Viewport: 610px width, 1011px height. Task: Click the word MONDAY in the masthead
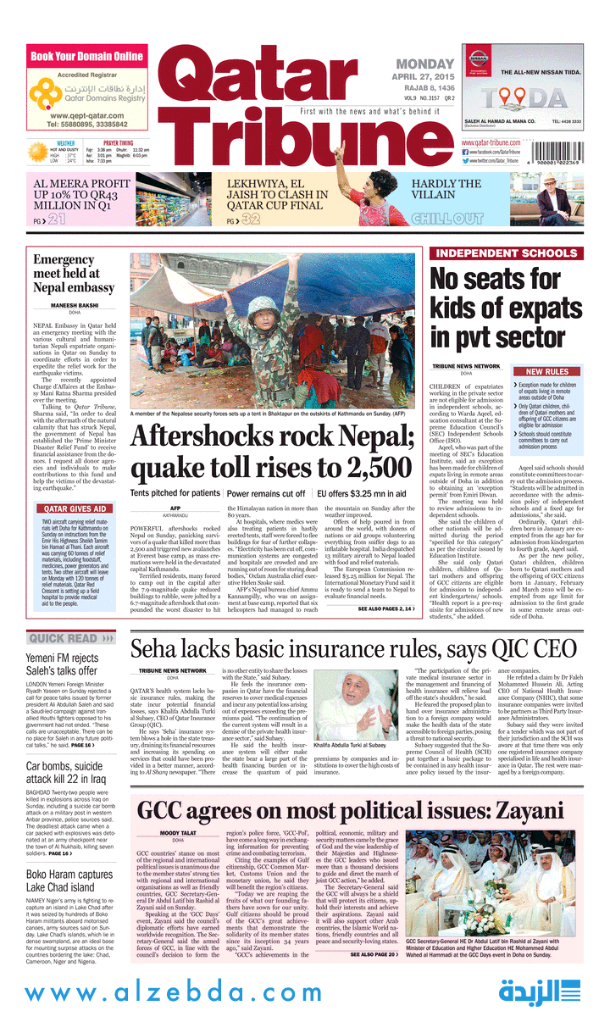[425, 64]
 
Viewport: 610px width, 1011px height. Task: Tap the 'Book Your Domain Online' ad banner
[87, 57]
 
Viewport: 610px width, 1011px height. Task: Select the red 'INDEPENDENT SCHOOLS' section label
[506, 253]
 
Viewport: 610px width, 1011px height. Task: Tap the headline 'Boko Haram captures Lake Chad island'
[69, 881]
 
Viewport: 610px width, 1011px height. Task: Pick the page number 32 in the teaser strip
[249, 220]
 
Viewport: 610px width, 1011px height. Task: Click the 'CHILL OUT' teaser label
[446, 219]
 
